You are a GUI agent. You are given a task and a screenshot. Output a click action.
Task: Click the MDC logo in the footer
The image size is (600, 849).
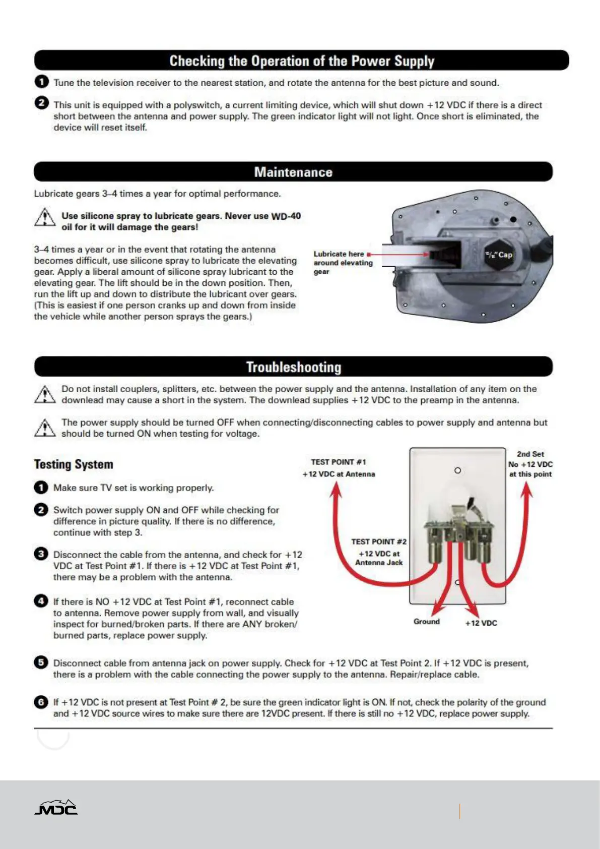pos(56,807)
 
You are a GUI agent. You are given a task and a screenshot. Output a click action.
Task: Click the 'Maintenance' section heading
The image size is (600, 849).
pos(293,172)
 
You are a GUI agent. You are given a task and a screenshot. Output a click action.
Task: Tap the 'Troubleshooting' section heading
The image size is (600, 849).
pos(294,367)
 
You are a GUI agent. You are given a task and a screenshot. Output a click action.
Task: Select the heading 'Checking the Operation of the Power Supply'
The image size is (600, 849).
pos(301,61)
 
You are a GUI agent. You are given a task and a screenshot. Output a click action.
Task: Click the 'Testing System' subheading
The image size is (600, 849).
pos(74,464)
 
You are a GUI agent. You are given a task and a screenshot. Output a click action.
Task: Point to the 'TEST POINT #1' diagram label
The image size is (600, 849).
pos(339,462)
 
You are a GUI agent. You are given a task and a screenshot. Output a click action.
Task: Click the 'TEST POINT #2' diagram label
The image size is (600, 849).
pos(379,541)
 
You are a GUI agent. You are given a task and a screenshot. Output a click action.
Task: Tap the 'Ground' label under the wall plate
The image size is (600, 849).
pos(427,622)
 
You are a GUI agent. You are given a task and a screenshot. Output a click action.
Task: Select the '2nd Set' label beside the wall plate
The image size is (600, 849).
pos(530,454)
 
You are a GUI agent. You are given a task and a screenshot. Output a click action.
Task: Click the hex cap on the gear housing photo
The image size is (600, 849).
pos(498,255)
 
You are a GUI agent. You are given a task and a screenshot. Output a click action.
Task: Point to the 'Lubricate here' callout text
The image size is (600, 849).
pos(339,254)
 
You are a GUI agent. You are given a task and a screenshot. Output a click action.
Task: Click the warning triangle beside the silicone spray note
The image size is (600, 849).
pos(45,218)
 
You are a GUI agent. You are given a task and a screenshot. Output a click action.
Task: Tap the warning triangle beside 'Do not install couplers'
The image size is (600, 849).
pos(45,394)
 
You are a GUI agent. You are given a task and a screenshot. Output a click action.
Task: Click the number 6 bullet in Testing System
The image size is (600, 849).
pos(41,702)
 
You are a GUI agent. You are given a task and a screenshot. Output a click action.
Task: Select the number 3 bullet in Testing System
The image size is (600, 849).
pos(41,554)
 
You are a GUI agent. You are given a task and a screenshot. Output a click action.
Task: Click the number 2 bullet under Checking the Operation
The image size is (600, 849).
pos(42,103)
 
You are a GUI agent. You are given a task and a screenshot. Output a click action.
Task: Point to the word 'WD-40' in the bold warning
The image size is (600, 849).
pos(286,216)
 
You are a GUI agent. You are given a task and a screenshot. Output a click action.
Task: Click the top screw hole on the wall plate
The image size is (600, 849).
pos(457,470)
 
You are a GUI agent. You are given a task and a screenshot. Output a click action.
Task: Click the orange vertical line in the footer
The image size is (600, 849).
pos(459,811)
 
